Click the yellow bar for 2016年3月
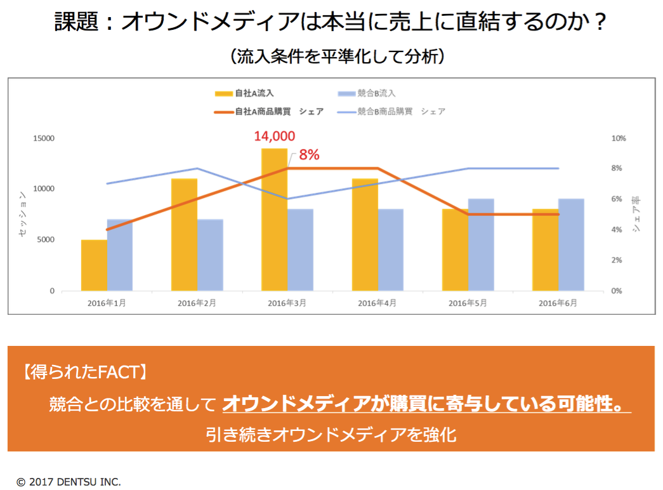tap(274, 220)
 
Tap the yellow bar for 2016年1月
tap(94, 265)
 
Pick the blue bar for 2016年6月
tap(571, 245)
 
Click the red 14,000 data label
tap(274, 136)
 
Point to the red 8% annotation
tap(309, 154)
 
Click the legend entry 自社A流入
tap(244, 93)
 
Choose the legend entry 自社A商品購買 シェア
tap(270, 111)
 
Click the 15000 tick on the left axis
tap(44, 138)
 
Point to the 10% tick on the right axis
tap(618, 138)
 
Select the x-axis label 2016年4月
tap(377, 303)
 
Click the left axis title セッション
tap(22, 214)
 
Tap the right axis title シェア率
tap(636, 214)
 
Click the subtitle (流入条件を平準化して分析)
tap(336, 56)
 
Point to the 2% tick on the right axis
tap(618, 260)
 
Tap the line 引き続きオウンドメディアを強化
tap(331, 435)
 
